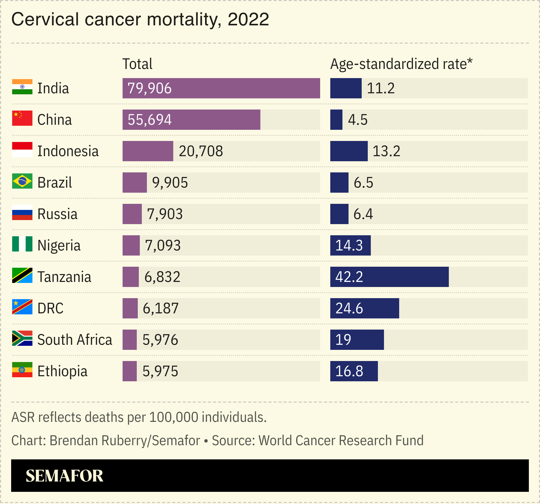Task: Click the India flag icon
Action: [x=22, y=87]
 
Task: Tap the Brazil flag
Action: [x=22, y=181]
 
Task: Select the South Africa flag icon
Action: [x=22, y=338]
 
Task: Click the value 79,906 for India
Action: [x=149, y=88]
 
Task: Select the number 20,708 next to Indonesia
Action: [x=201, y=151]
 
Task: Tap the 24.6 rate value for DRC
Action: [x=349, y=308]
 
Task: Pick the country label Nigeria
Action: [x=59, y=245]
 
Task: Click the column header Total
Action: [x=137, y=64]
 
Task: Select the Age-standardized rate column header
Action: [x=401, y=64]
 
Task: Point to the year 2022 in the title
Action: [x=248, y=19]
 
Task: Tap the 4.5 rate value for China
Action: [x=358, y=120]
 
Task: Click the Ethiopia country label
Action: [x=62, y=371]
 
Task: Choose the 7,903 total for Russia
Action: [x=165, y=214]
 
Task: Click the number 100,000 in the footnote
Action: [x=173, y=417]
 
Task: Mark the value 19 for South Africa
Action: [x=343, y=339]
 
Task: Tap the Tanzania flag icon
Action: [x=22, y=275]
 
